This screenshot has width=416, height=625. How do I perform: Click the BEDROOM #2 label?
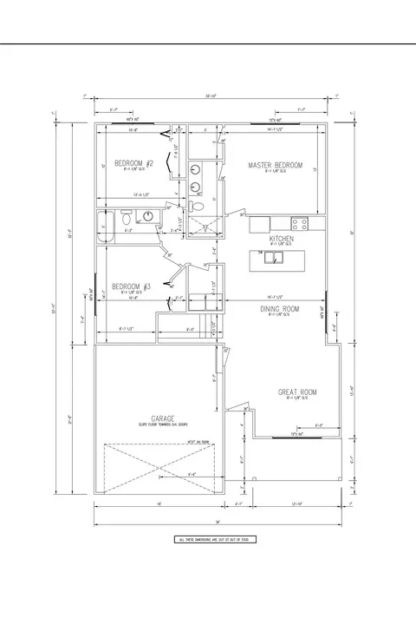click(x=134, y=163)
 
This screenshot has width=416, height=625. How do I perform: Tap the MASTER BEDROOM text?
click(x=275, y=165)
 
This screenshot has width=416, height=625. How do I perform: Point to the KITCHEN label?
click(x=281, y=239)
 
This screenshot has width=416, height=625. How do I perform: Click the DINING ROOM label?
click(x=280, y=309)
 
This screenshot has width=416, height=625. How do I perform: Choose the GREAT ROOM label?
click(x=296, y=392)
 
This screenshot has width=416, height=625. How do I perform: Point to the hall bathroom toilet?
click(x=126, y=217)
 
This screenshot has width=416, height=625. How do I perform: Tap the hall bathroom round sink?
click(x=148, y=217)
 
